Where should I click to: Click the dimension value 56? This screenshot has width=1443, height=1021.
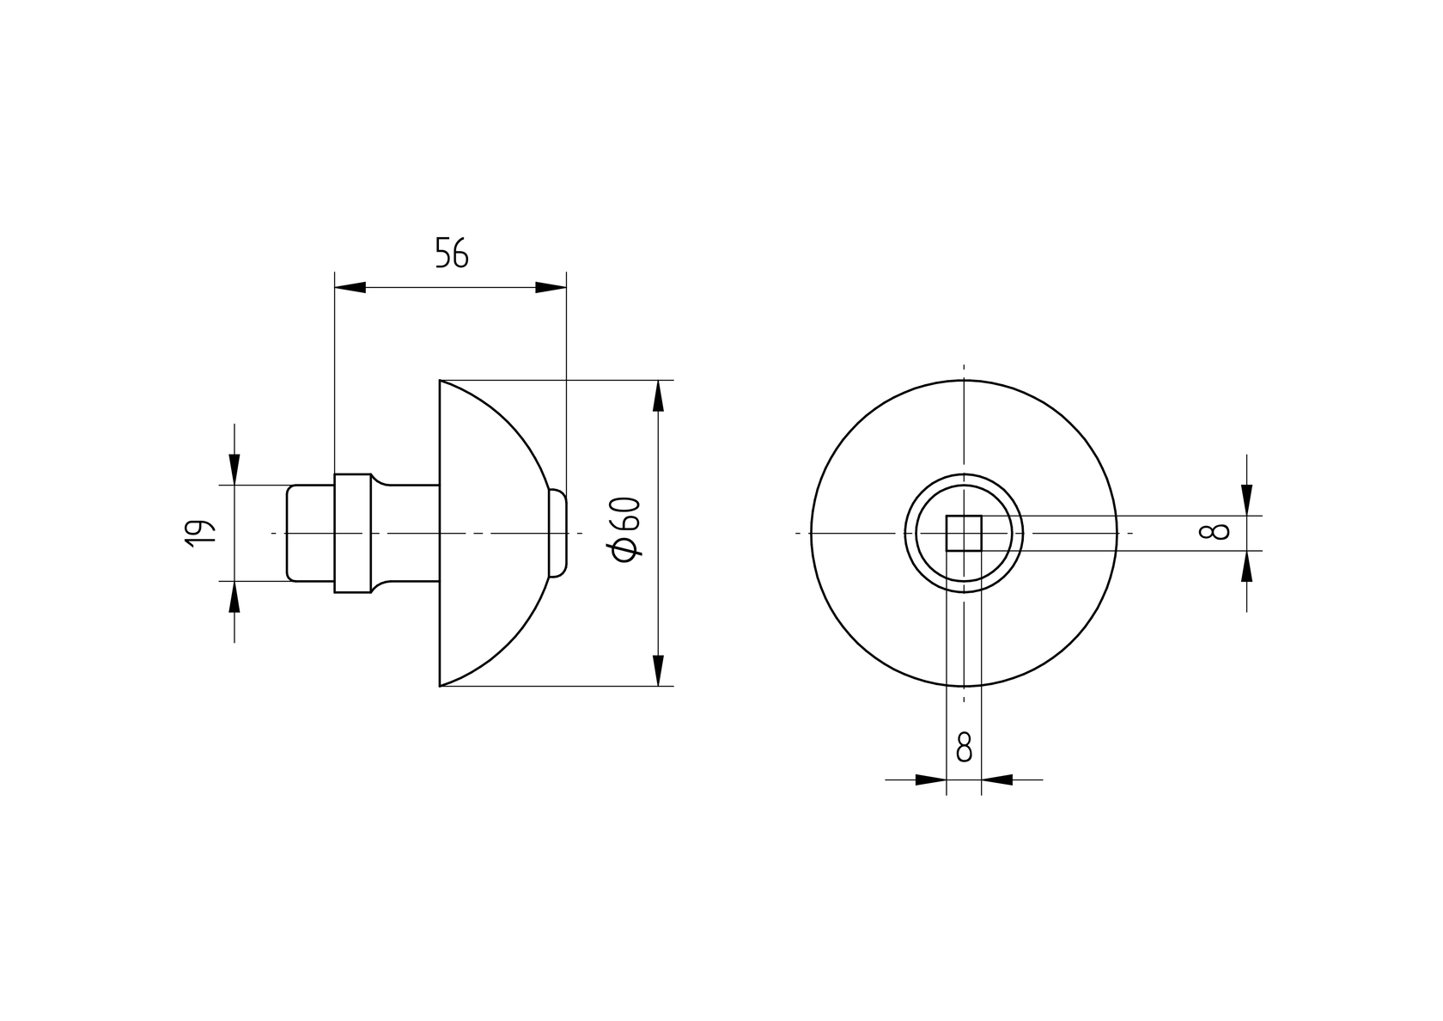pos(452,254)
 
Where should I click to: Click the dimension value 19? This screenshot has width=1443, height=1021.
pos(198,533)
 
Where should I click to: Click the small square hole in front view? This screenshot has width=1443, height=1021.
pos(964,533)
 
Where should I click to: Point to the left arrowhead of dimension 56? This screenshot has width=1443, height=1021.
pos(350,287)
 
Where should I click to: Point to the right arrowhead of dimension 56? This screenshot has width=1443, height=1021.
pos(551,287)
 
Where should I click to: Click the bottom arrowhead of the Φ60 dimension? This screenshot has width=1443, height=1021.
pos(659,670)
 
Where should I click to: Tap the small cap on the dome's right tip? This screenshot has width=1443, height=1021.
pos(558,533)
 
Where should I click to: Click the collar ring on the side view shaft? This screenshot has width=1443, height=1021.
pos(352,533)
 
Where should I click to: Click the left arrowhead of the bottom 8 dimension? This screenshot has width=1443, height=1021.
pos(931,780)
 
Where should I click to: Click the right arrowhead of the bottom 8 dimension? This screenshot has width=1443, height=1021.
pos(997,780)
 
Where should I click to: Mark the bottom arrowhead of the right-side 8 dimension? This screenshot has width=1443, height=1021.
pos(1246,566)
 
